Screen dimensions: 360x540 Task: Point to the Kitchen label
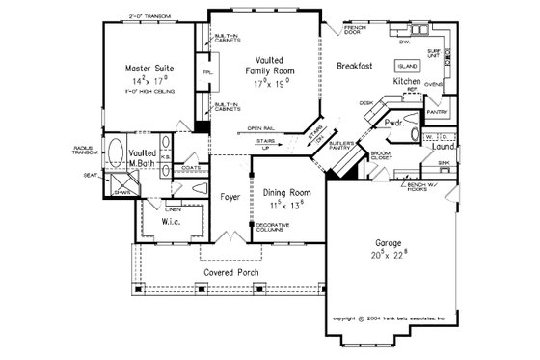point(406,83)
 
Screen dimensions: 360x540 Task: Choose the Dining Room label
point(284,193)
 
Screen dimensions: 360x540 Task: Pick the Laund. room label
point(443,147)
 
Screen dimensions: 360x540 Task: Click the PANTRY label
point(434,111)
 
